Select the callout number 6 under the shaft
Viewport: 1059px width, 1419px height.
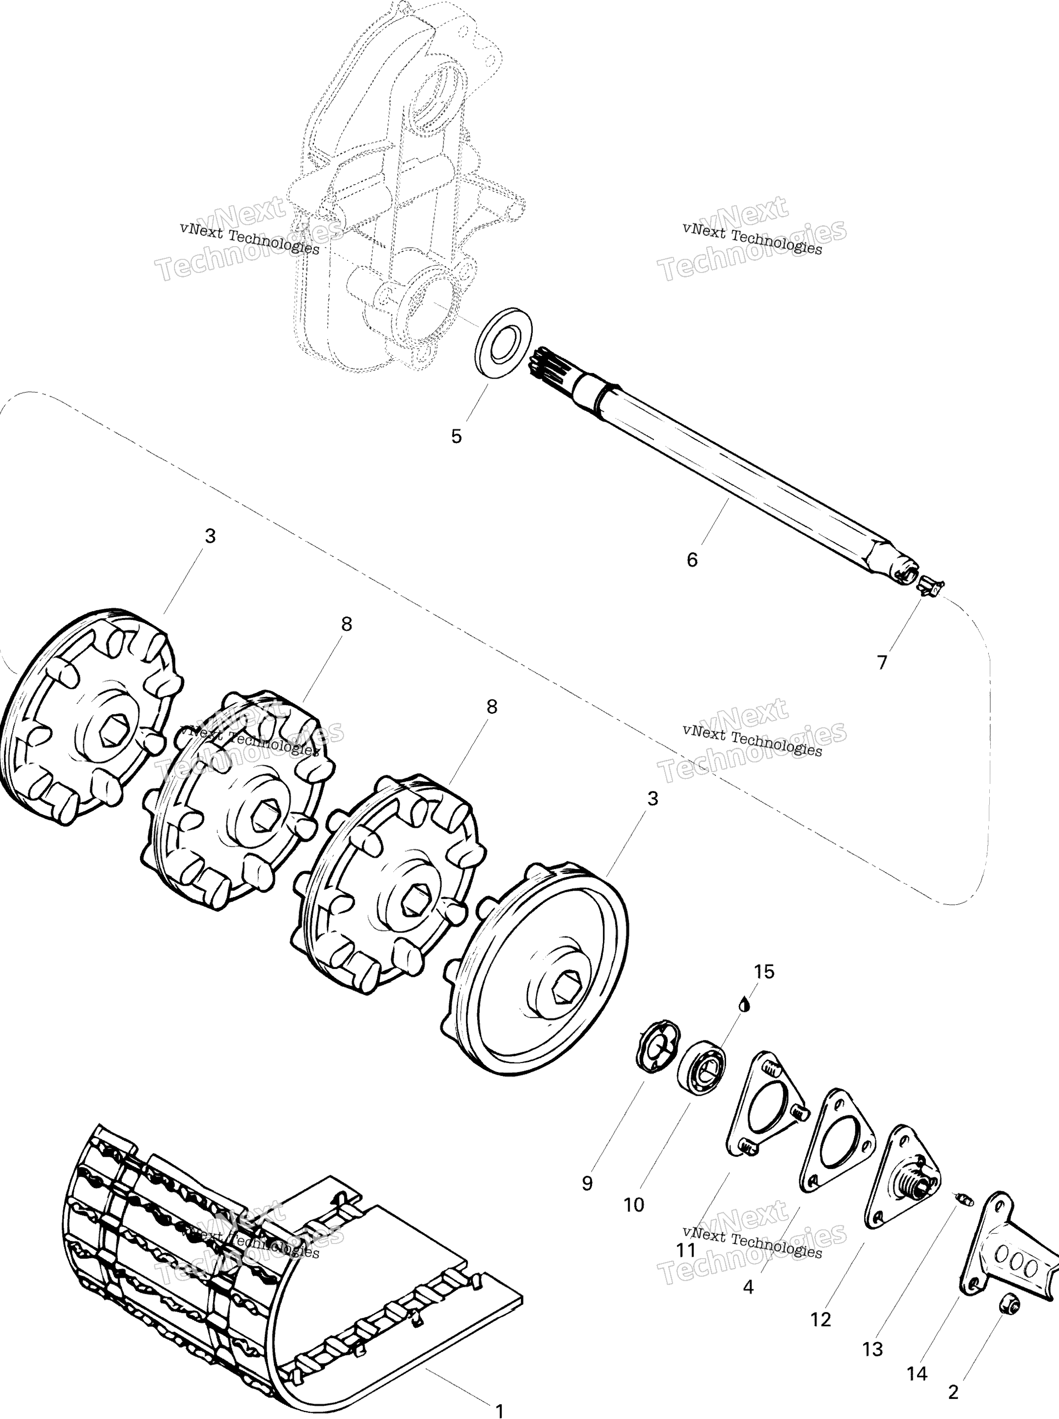coord(692,560)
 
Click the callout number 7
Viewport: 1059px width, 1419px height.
coord(882,662)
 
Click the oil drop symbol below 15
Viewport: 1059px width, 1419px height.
coord(744,1004)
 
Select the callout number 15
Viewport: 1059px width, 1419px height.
coord(764,972)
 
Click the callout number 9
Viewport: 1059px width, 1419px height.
coord(587,1184)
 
